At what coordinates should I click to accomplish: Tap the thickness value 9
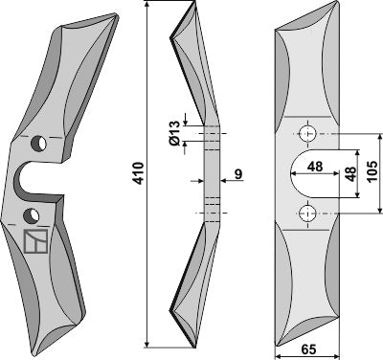point(237,174)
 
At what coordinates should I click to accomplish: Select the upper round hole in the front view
point(306,131)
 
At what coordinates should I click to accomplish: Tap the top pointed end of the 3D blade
point(118,15)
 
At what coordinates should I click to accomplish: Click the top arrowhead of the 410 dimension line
point(146,9)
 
